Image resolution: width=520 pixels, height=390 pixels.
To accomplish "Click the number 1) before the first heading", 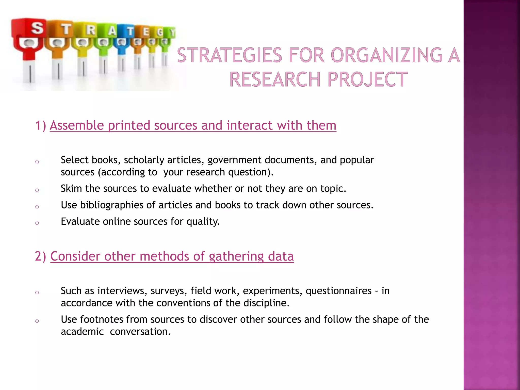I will [41, 125].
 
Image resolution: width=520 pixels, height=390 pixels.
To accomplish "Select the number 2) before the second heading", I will [41, 256].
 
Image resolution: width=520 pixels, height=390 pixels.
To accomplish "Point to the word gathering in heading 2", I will [236, 256].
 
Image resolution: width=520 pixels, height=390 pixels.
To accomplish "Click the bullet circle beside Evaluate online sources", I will [37, 223].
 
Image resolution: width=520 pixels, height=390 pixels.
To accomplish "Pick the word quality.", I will [203, 222].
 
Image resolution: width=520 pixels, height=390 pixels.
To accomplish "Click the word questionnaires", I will [338, 291].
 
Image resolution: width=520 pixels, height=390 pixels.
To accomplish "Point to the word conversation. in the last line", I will [140, 332].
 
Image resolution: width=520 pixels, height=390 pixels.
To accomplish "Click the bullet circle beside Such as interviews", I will [37, 292].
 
